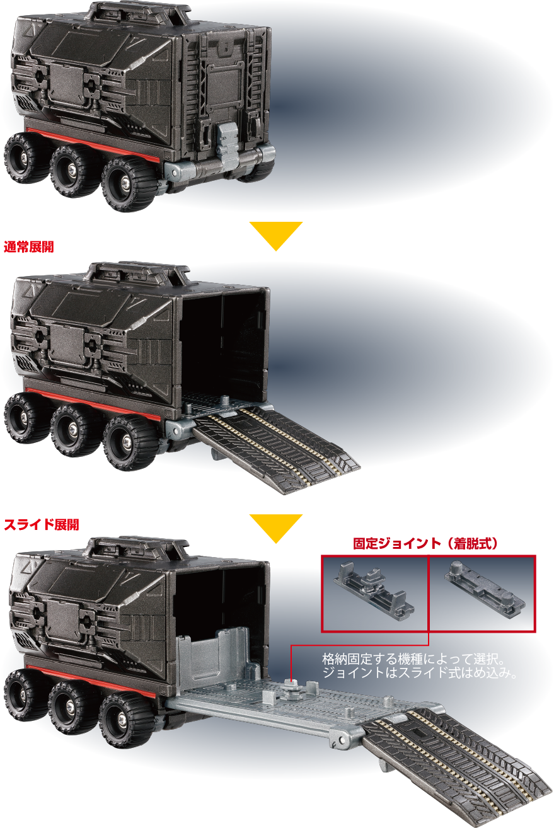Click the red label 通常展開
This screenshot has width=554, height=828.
(29, 246)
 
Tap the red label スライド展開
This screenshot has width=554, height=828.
(42, 524)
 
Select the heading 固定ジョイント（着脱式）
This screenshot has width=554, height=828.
(426, 543)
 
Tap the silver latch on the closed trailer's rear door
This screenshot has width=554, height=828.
(227, 139)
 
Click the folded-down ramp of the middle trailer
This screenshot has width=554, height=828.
(275, 450)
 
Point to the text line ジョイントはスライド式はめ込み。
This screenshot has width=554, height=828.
(420, 673)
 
